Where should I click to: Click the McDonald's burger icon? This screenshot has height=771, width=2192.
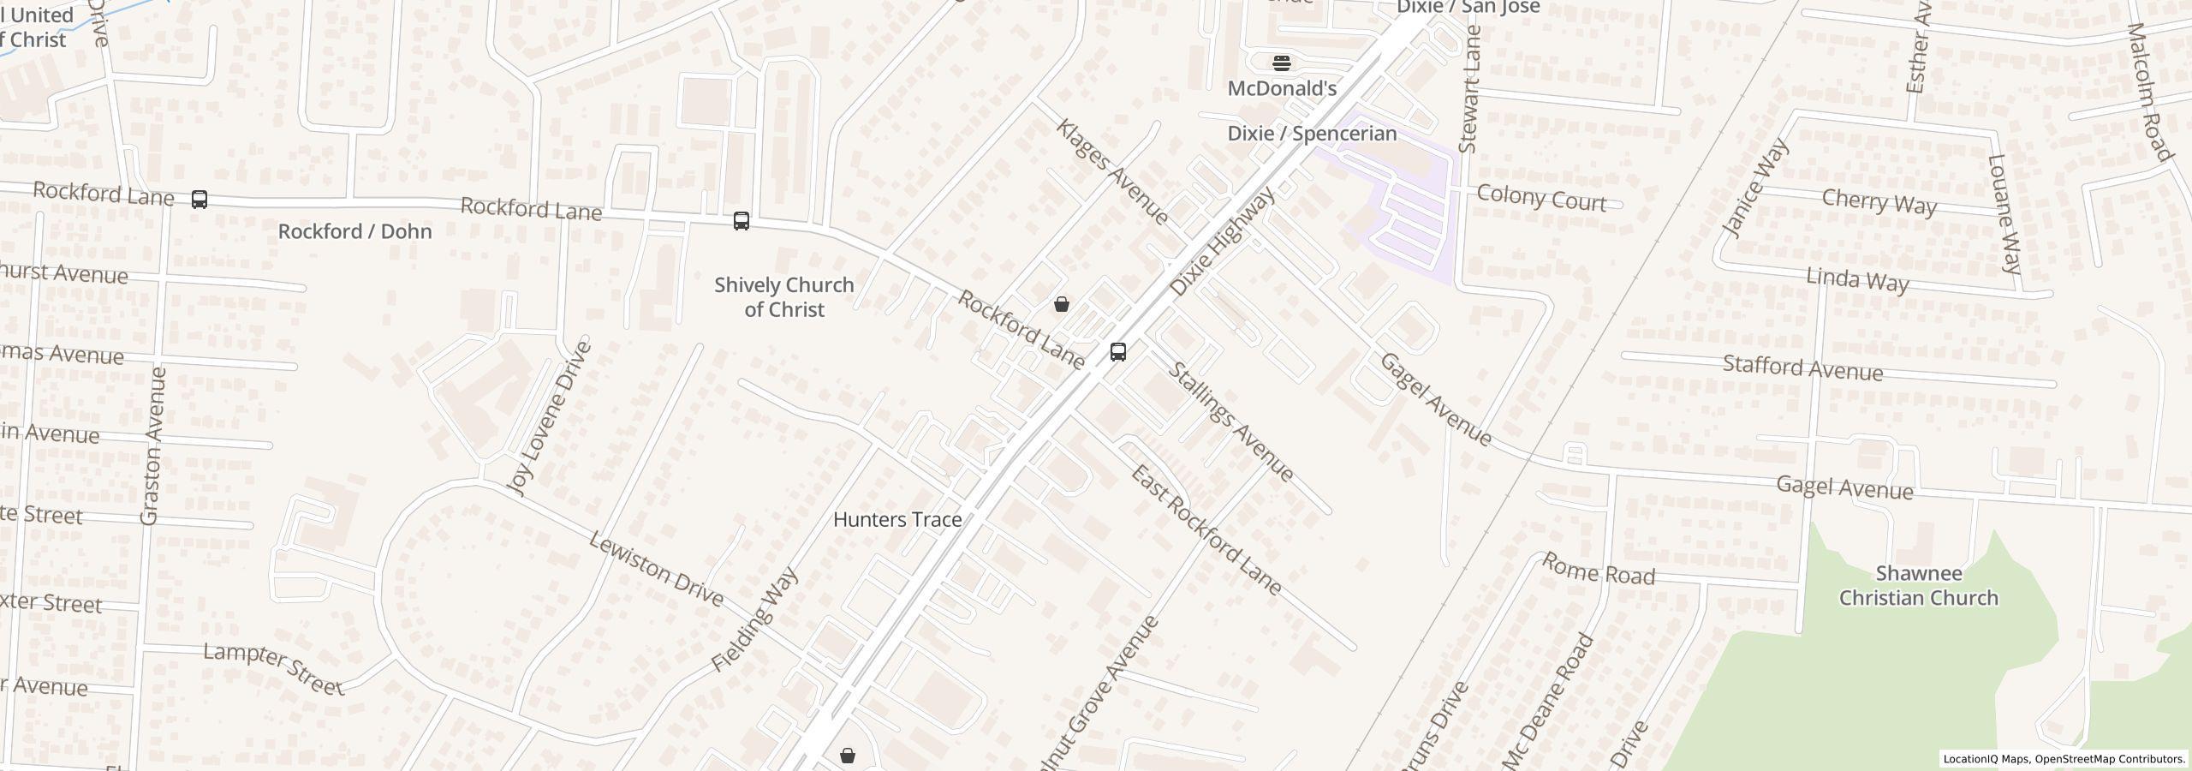tap(1281, 63)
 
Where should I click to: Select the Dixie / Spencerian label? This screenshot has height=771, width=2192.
tap(1312, 134)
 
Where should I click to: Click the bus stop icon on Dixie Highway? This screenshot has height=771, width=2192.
tap(1117, 352)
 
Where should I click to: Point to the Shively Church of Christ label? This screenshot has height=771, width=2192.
tap(783, 297)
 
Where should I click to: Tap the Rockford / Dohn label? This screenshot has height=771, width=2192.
tap(354, 231)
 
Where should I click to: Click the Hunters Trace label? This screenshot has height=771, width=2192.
tap(896, 519)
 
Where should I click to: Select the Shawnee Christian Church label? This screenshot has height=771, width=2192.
tap(1918, 586)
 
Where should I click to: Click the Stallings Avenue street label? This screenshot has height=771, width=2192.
tap(1230, 421)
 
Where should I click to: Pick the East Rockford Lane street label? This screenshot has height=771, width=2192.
tap(1206, 531)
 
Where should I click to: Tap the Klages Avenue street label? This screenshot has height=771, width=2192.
tap(1111, 171)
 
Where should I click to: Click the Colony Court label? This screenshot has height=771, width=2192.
tap(1540, 199)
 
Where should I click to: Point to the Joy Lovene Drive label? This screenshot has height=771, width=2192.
tap(550, 418)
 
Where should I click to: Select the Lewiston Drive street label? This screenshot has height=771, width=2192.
tap(657, 569)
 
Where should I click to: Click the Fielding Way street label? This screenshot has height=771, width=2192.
tap(755, 619)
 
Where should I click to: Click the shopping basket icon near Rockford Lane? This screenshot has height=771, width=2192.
tap(1061, 304)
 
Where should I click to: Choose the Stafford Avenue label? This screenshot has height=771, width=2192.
tap(1802, 368)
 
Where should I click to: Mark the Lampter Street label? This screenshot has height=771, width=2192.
tap(273, 669)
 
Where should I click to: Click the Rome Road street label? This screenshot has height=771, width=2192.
tap(1598, 569)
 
